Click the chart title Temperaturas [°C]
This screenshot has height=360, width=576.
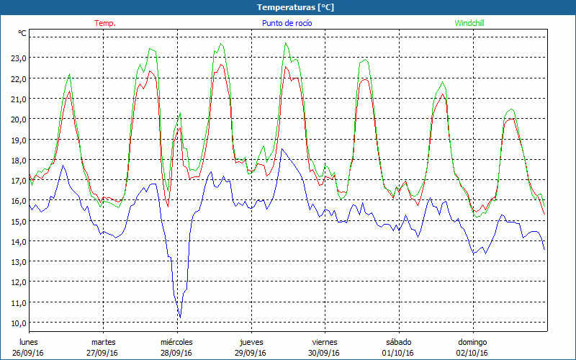296,7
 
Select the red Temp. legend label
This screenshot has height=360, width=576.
105,23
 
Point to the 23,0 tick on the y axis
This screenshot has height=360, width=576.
17,58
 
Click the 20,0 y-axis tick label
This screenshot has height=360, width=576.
17,119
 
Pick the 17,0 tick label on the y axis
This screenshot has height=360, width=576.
17,180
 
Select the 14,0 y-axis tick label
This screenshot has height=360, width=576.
17,241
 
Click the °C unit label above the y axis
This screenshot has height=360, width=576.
22,33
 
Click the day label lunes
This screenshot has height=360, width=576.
29,342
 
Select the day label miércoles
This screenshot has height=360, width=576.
176,342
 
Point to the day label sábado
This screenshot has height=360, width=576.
398,342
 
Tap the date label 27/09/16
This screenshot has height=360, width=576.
102,353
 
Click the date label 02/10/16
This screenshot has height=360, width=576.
472,353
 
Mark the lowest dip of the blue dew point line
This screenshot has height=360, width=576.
180,317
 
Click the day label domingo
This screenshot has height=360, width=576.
472,342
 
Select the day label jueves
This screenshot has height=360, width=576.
251,342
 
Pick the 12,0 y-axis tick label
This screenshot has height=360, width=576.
17,282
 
